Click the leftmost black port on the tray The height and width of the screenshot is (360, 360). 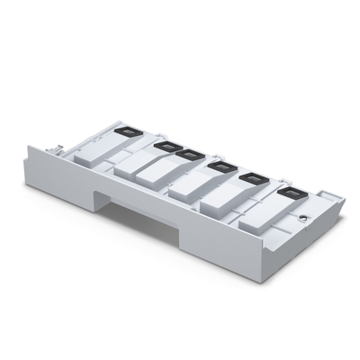click(129, 128)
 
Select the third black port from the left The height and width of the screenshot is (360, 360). click(186, 154)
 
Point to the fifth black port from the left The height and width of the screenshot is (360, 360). click(250, 177)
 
